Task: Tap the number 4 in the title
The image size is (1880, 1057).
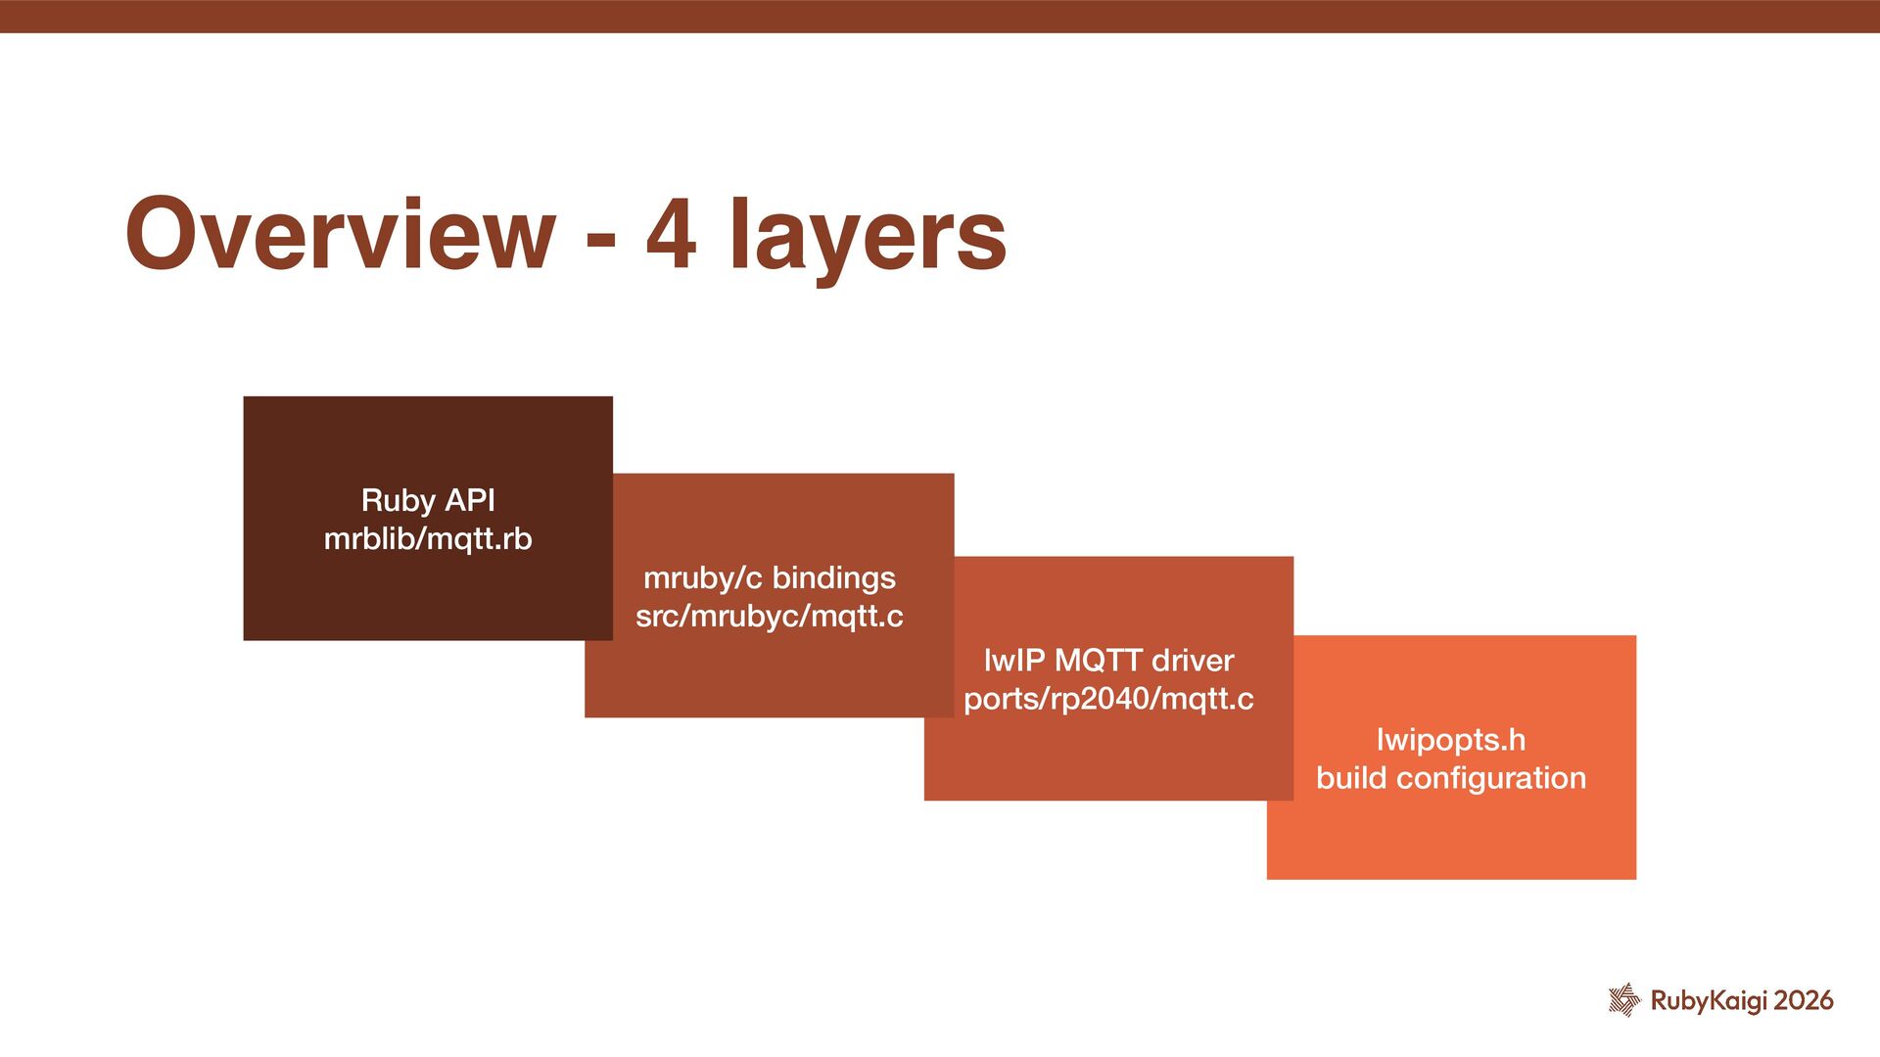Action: point(671,235)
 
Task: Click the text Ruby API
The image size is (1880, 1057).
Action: point(428,500)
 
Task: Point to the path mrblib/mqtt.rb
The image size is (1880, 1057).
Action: point(428,539)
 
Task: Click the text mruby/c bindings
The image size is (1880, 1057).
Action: point(769,577)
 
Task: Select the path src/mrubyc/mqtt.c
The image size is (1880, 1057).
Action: point(769,617)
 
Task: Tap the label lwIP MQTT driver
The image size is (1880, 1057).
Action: point(1108,661)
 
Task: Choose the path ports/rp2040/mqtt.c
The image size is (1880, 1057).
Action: point(1108,699)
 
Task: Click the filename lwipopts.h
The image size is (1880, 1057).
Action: point(1450,740)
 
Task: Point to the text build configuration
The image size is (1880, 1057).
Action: point(1450,778)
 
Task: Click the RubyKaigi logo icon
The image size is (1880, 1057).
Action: point(1623,999)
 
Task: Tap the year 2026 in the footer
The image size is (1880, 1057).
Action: point(1804,1000)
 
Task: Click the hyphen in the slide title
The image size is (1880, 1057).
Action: point(601,238)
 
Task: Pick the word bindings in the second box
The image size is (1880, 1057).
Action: point(833,578)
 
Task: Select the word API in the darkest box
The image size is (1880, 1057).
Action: point(470,500)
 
